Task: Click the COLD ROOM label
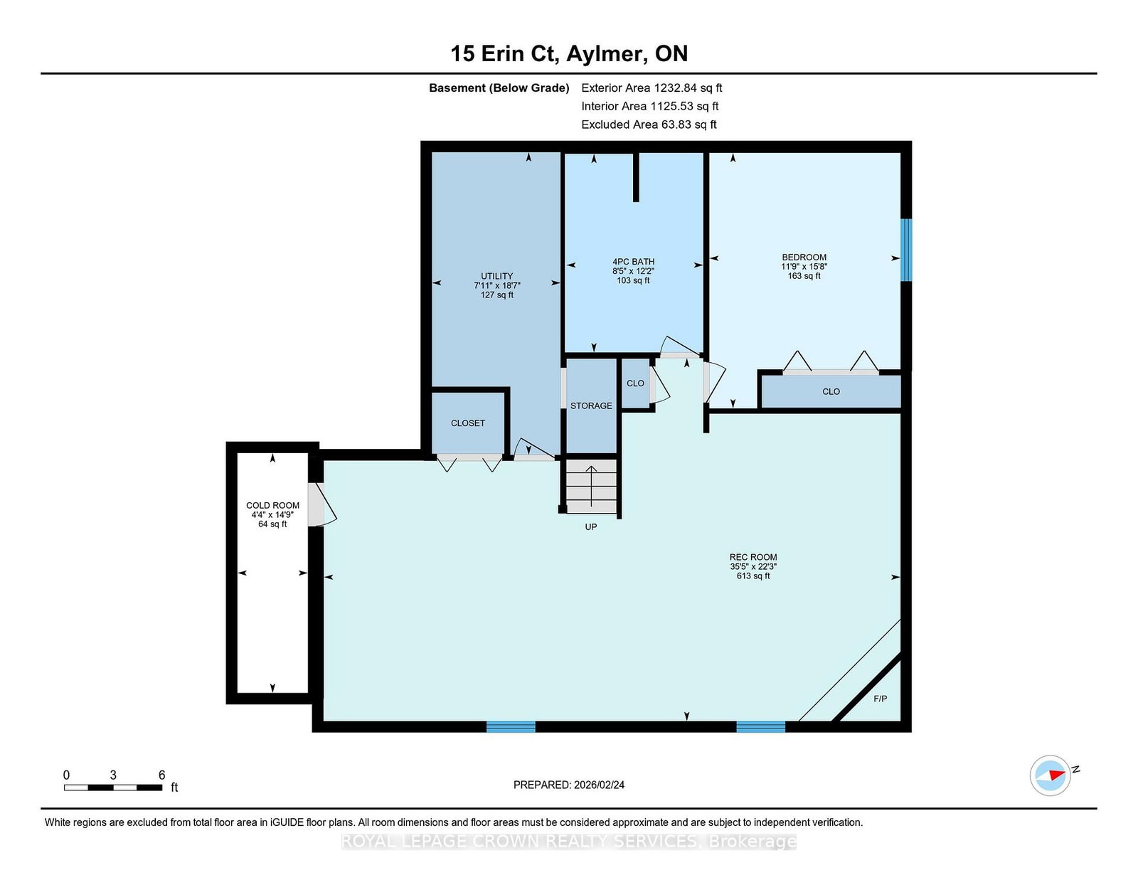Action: [x=272, y=506]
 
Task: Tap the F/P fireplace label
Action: [x=881, y=699]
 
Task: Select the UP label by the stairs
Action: [x=591, y=527]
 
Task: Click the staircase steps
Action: [x=591, y=486]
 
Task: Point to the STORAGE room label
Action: [x=591, y=406]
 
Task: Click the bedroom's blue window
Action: [x=906, y=250]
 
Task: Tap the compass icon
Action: [x=1050, y=775]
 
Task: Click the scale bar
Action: [x=113, y=788]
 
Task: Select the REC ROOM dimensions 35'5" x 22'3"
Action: [x=753, y=567]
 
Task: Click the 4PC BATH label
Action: [x=633, y=262]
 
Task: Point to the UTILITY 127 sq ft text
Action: [x=497, y=295]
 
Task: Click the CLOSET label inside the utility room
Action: [x=468, y=423]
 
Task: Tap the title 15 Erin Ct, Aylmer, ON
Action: [x=569, y=53]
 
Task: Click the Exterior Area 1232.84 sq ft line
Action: [x=652, y=88]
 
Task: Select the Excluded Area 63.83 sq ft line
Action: [x=649, y=124]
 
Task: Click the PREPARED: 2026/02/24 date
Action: [x=569, y=785]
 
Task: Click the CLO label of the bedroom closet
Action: [x=831, y=392]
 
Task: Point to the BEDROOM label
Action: [x=804, y=258]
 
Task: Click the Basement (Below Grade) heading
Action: [x=499, y=88]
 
